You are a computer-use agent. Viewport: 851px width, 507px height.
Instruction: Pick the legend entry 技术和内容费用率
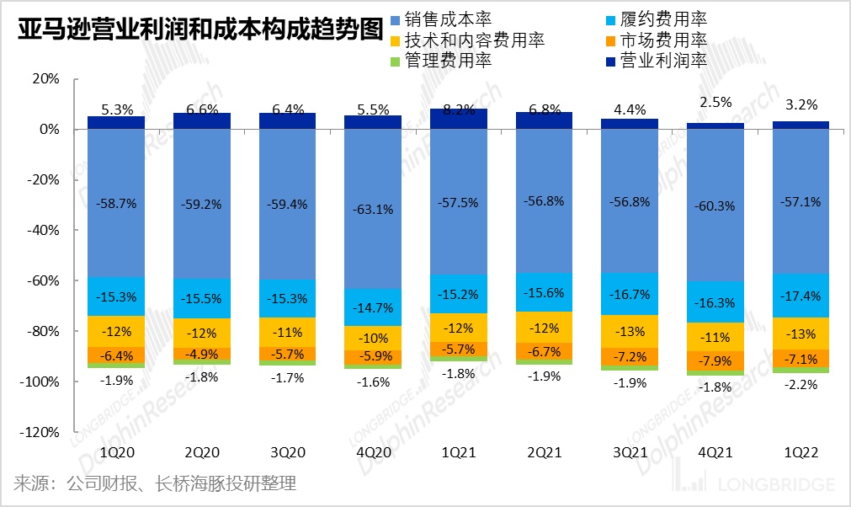coord(475,40)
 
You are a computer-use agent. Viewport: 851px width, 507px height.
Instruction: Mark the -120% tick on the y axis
coord(40,432)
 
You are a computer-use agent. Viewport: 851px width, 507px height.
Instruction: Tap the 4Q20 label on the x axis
coord(373,453)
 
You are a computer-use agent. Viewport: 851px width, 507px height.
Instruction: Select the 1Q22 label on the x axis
coord(800,453)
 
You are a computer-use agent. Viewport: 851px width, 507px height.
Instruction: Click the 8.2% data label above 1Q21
coord(459,109)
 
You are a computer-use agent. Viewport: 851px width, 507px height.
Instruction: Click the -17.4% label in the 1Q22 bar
coord(800,297)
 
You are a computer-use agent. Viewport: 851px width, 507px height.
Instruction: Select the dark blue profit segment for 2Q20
coord(201,121)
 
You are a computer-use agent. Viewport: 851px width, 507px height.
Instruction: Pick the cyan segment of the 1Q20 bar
coord(116,296)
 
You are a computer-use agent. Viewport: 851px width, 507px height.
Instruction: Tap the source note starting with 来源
coord(155,484)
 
